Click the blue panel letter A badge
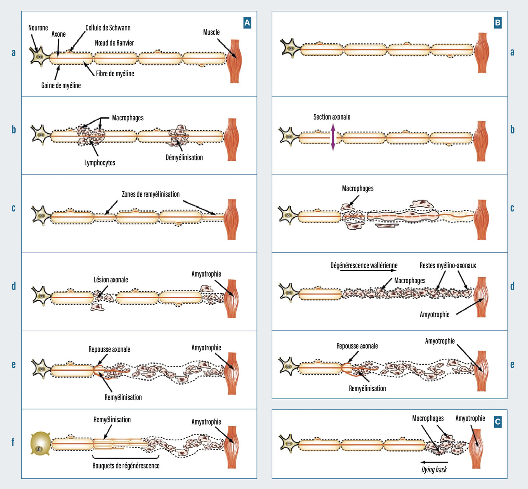[x=247, y=23]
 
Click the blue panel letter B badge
[x=497, y=23]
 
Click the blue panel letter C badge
[x=497, y=421]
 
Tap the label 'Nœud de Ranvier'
[x=114, y=43]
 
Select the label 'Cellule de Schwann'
[x=108, y=28]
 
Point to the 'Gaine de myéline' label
[x=61, y=85]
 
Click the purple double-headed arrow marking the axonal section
[x=333, y=137]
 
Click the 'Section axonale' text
[x=332, y=117]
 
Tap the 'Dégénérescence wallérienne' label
[x=364, y=266]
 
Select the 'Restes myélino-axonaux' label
[x=448, y=266]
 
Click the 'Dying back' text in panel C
[x=434, y=470]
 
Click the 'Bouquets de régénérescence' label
[x=126, y=465]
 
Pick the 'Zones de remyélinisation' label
[x=151, y=194]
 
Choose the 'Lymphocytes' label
[x=100, y=163]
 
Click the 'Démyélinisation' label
[x=184, y=158]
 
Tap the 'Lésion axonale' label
[x=111, y=280]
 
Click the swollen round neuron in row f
[x=40, y=444]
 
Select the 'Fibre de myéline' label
[x=115, y=74]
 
